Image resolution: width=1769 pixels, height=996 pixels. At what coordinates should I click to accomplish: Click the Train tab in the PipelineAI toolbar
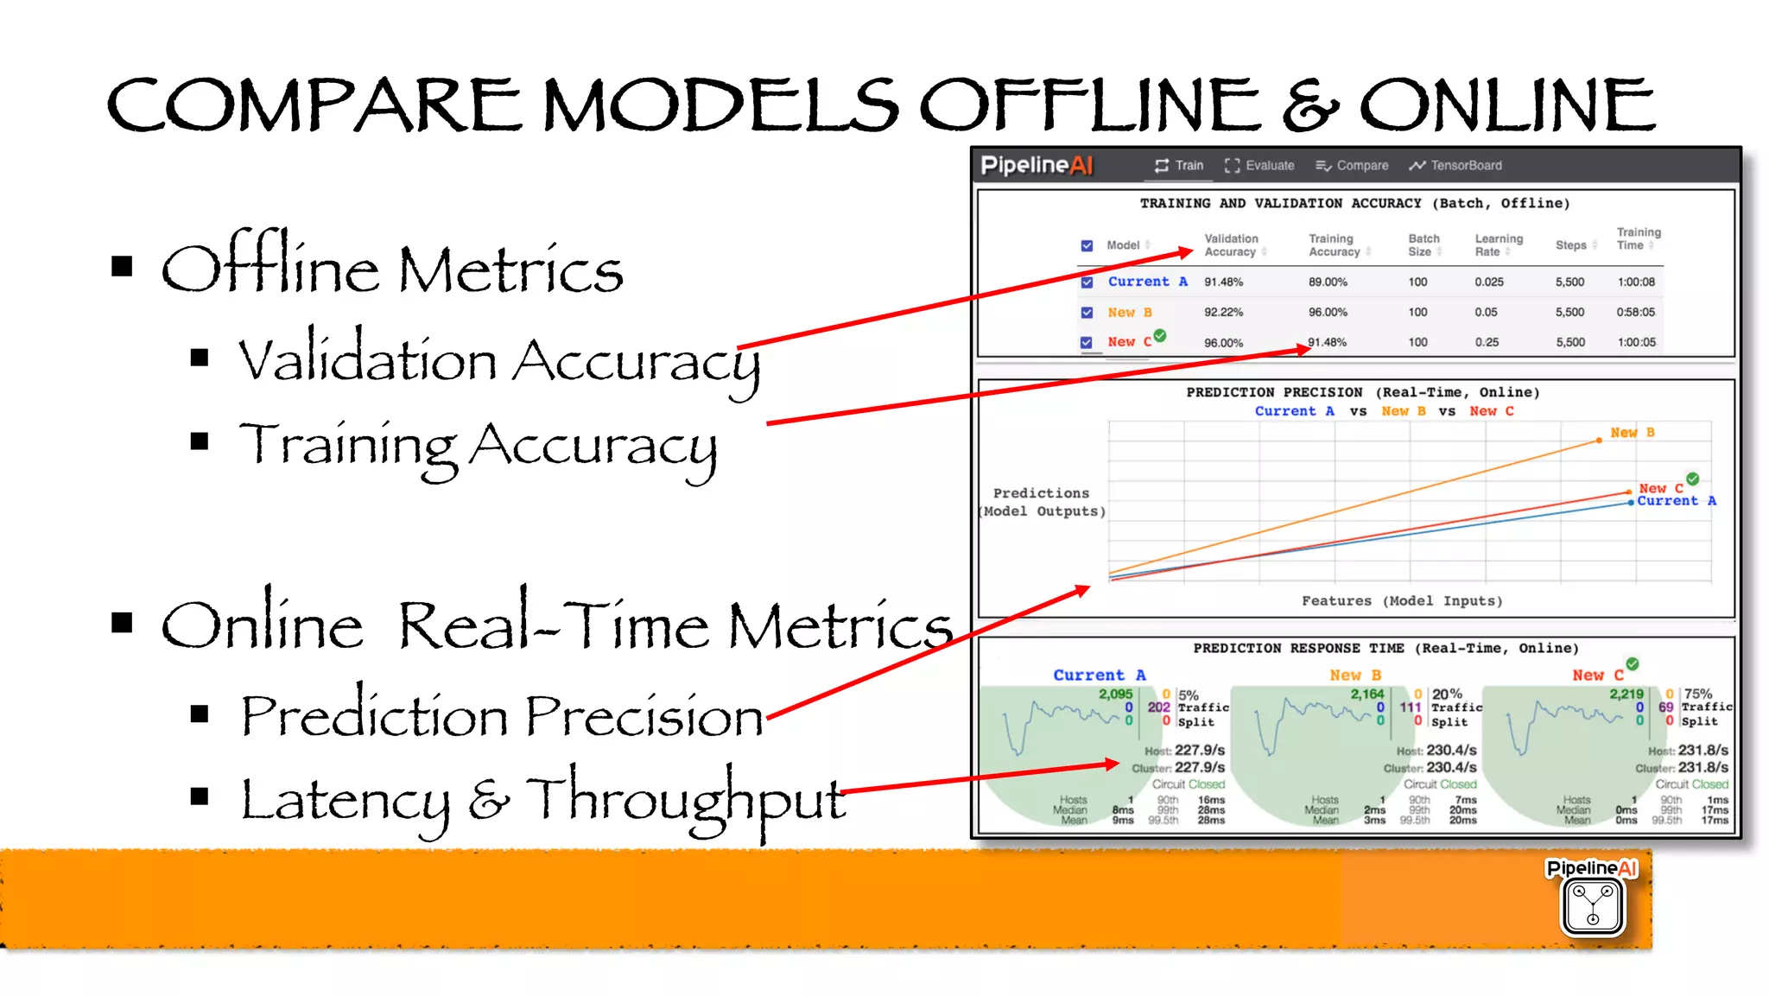(1179, 165)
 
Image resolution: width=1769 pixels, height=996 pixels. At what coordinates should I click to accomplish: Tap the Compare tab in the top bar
(1352, 165)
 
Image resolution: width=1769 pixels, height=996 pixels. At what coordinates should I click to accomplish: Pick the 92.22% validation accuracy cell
(1223, 312)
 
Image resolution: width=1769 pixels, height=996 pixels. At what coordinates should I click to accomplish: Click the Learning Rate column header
(1498, 244)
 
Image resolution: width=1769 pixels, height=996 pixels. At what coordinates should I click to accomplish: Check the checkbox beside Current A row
(1087, 282)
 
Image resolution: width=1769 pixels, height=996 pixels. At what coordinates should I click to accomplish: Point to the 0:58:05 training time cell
(1635, 312)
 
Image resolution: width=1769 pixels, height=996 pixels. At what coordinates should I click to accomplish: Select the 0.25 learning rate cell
(1487, 342)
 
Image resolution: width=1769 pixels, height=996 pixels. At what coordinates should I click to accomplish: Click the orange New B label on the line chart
(1632, 432)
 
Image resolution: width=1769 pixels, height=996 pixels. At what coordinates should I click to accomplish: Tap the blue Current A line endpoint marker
(1630, 502)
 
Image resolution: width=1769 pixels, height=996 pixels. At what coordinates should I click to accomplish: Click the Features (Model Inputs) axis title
(1401, 600)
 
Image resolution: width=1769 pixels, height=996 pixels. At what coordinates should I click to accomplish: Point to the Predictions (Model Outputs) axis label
(1042, 502)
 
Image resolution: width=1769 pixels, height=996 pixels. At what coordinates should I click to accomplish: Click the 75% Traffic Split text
(1706, 707)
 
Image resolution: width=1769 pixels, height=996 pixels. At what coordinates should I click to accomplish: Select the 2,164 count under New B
(1366, 694)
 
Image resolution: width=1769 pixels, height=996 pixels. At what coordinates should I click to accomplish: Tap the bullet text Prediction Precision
(501, 716)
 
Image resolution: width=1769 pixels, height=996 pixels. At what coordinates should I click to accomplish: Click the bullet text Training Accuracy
(477, 445)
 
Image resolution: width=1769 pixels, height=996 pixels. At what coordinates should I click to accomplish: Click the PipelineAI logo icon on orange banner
(1592, 904)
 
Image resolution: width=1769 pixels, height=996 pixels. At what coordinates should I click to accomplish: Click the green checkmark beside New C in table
(1160, 335)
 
